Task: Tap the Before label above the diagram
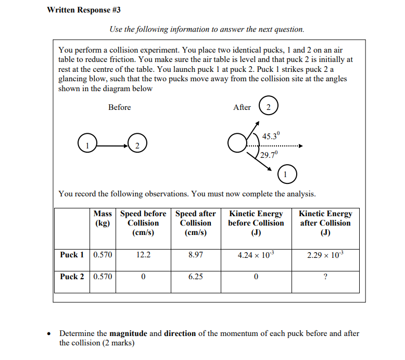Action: click(120, 107)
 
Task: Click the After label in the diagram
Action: click(242, 107)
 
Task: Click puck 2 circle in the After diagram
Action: click(268, 107)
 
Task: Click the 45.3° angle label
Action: click(271, 136)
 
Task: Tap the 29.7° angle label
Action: click(270, 155)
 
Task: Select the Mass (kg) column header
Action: click(103, 218)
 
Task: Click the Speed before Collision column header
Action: click(143, 223)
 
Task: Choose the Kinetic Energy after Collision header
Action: click(325, 223)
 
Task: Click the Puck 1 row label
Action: click(72, 255)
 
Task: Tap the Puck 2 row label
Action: click(72, 277)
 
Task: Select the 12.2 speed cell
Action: click(143, 255)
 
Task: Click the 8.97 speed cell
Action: click(196, 255)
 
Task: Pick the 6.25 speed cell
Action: click(196, 277)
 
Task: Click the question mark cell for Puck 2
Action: click(325, 277)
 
